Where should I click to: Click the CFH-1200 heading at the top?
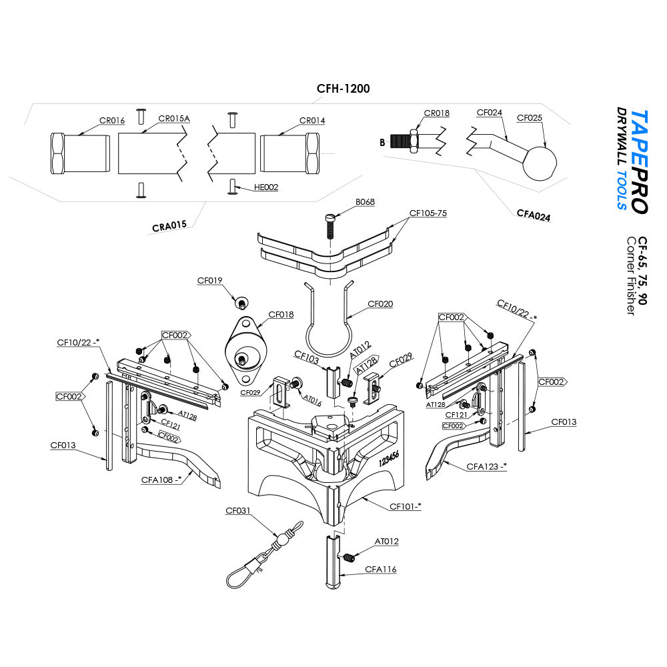pos(343,88)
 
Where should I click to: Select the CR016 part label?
pos(112,121)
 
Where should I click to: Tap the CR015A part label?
pos(174,119)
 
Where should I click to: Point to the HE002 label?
pos(266,187)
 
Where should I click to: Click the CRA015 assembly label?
pos(169,226)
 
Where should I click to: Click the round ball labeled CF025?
pos(540,163)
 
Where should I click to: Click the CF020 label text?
pos(380,304)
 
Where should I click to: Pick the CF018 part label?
pos(281,314)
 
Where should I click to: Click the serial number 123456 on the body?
pos(389,460)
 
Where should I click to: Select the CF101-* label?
pos(406,506)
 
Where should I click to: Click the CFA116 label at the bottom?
pos(381,569)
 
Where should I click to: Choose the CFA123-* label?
pos(486,466)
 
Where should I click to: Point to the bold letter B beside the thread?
pos(382,142)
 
